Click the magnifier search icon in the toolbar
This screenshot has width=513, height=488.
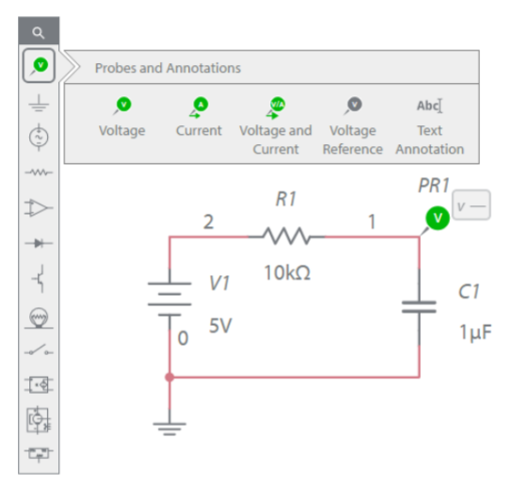coord(39,32)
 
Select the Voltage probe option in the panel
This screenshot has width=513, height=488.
coord(122,117)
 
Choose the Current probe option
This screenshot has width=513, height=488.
coord(199,117)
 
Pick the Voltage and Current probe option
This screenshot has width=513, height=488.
coord(276,126)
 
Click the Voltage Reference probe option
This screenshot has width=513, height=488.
coord(353,126)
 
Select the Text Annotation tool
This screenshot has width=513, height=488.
coord(429,126)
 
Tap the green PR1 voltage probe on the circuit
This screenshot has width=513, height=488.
coord(438,218)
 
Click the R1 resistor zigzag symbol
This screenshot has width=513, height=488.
coord(286,236)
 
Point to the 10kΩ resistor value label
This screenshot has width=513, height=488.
coord(287,272)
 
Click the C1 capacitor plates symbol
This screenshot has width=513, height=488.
coord(419,307)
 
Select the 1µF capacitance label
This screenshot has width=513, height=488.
coord(475,333)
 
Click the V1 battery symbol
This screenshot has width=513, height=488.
coord(169,299)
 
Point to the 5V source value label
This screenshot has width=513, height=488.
coord(220,326)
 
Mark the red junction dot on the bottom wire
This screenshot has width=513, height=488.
coord(169,377)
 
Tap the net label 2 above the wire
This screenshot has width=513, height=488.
coord(209,221)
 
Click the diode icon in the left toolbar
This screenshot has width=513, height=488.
coord(39,243)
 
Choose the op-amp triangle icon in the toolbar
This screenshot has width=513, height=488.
coord(39,207)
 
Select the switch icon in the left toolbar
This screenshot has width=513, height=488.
coord(39,350)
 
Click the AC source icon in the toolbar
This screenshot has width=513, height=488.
coord(39,138)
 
